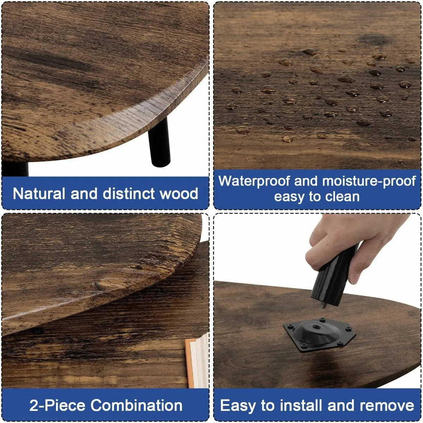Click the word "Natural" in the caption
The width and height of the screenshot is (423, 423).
39,194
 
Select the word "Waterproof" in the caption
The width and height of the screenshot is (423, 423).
253,181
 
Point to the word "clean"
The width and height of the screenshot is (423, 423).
342,197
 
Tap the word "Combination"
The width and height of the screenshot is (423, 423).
137,405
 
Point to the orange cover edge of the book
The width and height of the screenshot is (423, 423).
190,363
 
